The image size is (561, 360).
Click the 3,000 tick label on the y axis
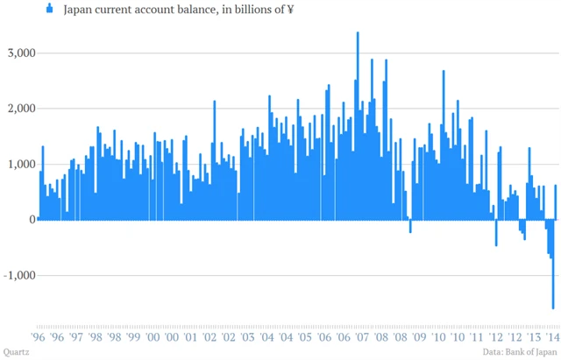[18, 53]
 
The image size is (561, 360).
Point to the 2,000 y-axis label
[18, 109]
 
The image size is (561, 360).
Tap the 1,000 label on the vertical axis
[18, 164]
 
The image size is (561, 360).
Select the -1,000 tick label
[17, 275]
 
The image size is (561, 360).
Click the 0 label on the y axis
[30, 219]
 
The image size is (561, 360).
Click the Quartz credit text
[18, 353]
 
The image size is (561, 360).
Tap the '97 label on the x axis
[76, 336]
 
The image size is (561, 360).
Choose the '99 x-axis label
[133, 336]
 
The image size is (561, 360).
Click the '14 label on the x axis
[554, 336]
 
